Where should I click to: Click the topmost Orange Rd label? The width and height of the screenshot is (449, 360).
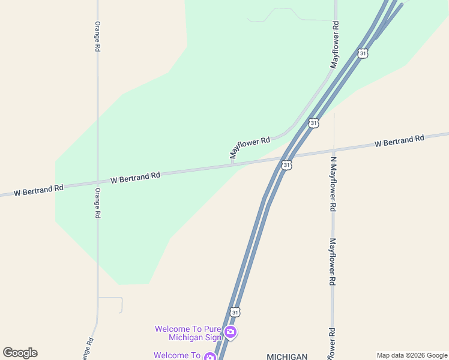pyautogui.click(x=97, y=36)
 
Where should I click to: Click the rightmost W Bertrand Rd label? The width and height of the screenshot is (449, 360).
pyautogui.click(x=399, y=141)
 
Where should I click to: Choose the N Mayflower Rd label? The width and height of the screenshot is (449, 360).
pyautogui.click(x=333, y=184)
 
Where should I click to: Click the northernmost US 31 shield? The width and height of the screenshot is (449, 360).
pyautogui.click(x=362, y=53)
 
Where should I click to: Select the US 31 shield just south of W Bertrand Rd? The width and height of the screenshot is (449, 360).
pyautogui.click(x=286, y=164)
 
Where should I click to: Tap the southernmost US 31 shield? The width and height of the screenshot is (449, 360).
pyautogui.click(x=235, y=312)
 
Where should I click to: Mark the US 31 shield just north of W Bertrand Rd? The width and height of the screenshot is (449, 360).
pyautogui.click(x=313, y=123)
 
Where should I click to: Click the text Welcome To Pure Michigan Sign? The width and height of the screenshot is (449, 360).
pyautogui.click(x=187, y=333)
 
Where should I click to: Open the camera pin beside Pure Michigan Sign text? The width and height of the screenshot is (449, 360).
pyautogui.click(x=230, y=332)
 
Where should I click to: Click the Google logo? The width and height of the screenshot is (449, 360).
pyautogui.click(x=20, y=353)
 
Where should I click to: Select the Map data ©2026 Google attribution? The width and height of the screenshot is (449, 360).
pyautogui.click(x=412, y=355)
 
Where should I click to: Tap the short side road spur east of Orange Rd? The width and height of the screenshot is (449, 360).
pyautogui.click(x=114, y=299)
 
